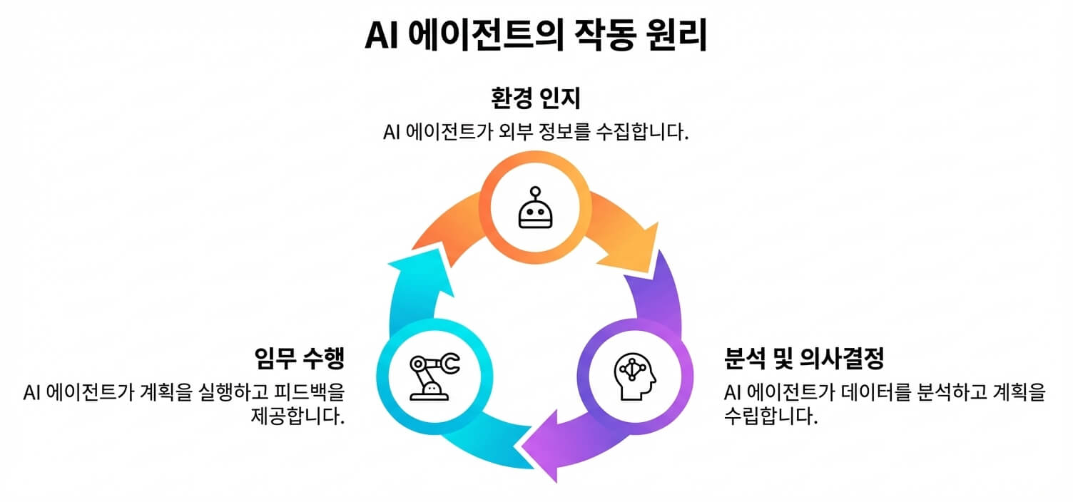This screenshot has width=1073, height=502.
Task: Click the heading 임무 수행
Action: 300,358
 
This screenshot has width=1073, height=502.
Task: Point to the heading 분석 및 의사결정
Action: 803,358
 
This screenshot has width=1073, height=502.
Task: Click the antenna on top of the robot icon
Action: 535,190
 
